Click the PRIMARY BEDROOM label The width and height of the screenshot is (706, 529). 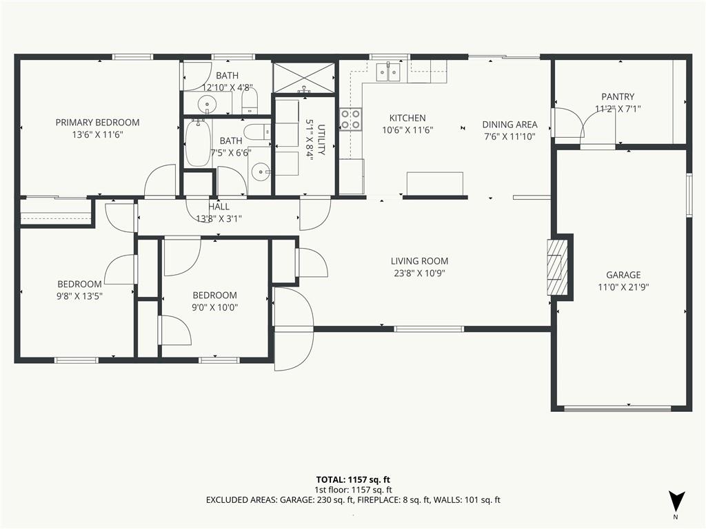(x=97, y=123)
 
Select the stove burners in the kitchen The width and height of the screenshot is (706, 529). (x=351, y=119)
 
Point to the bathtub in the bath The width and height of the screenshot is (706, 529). (x=198, y=143)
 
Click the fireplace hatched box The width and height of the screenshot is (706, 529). (x=557, y=267)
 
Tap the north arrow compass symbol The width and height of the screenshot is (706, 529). (x=676, y=501)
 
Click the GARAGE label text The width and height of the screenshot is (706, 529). (x=623, y=275)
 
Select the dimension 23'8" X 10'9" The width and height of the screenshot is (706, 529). (x=419, y=273)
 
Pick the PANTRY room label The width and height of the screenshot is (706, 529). (x=618, y=96)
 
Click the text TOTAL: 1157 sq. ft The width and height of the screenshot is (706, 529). (x=353, y=479)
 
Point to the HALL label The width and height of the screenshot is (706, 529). (x=219, y=207)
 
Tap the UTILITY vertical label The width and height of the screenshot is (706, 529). (x=321, y=139)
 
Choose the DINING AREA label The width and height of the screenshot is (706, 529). (x=510, y=125)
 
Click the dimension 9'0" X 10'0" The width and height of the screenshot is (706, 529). (x=215, y=307)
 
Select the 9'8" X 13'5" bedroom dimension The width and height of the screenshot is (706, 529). (x=79, y=296)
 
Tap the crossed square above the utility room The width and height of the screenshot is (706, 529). (x=304, y=78)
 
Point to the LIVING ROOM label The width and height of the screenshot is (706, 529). (x=419, y=261)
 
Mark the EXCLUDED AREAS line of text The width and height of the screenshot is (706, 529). (x=353, y=500)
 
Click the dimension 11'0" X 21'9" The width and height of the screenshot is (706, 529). (x=623, y=287)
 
